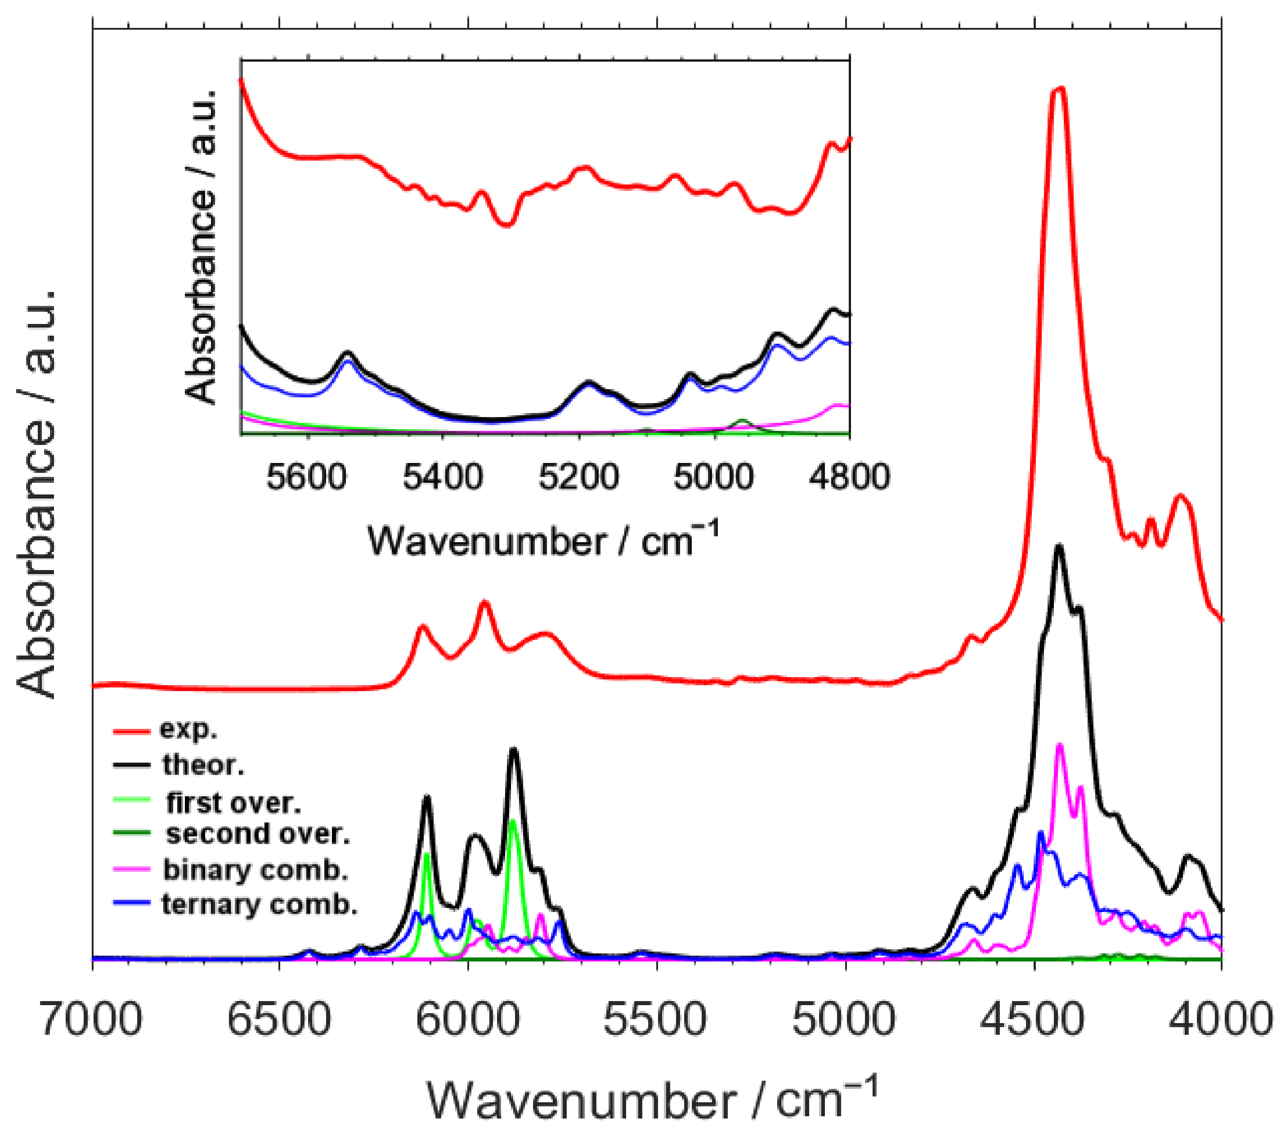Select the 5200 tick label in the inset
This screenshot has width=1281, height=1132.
pos(578,478)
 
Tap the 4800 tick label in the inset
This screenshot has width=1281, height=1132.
pos(849,478)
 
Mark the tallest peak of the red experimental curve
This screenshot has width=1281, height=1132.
pos(1058,90)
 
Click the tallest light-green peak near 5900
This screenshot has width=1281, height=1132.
pos(513,821)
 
